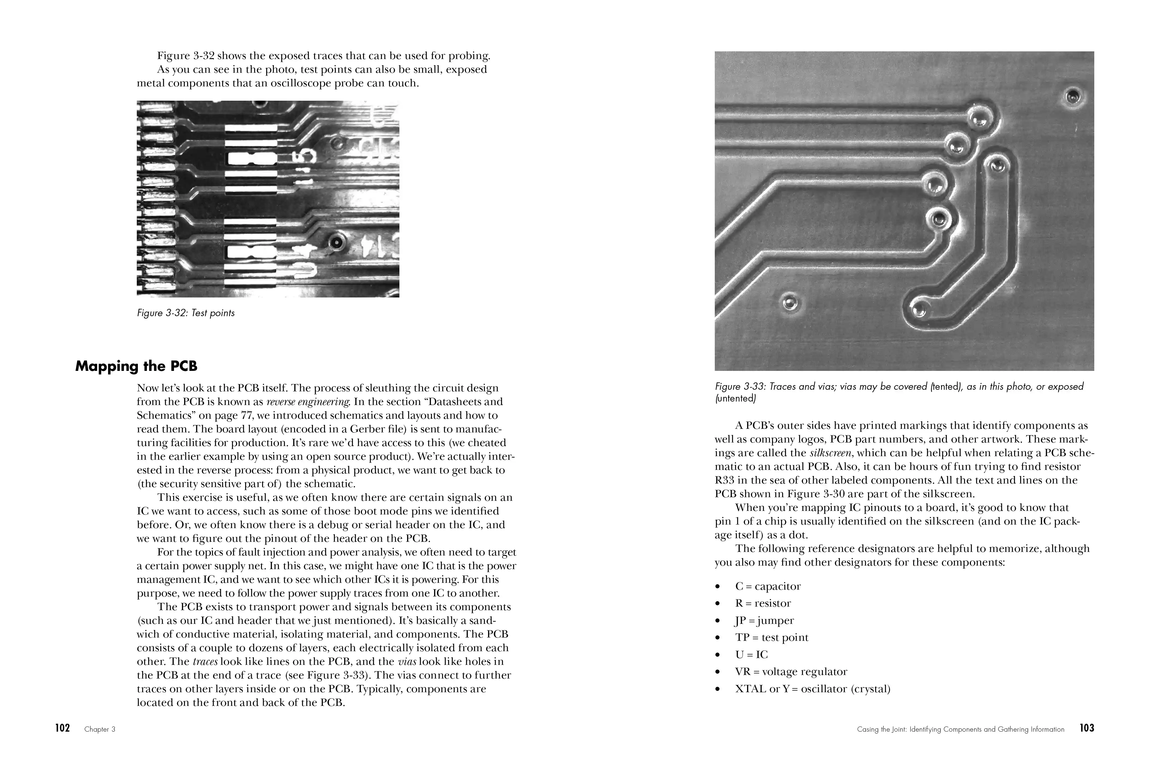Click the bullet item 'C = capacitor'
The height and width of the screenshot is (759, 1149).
pyautogui.click(x=767, y=586)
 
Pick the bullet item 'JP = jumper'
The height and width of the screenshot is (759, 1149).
pyautogui.click(x=764, y=621)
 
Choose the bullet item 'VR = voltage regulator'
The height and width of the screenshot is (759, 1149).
pyautogui.click(x=791, y=672)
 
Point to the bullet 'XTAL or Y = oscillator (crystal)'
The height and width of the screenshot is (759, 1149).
pyautogui.click(x=812, y=689)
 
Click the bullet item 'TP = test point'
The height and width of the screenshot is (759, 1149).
pyautogui.click(x=771, y=638)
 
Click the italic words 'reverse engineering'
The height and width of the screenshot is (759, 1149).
pyautogui.click(x=308, y=402)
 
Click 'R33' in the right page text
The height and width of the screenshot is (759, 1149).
pyautogui.click(x=725, y=481)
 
